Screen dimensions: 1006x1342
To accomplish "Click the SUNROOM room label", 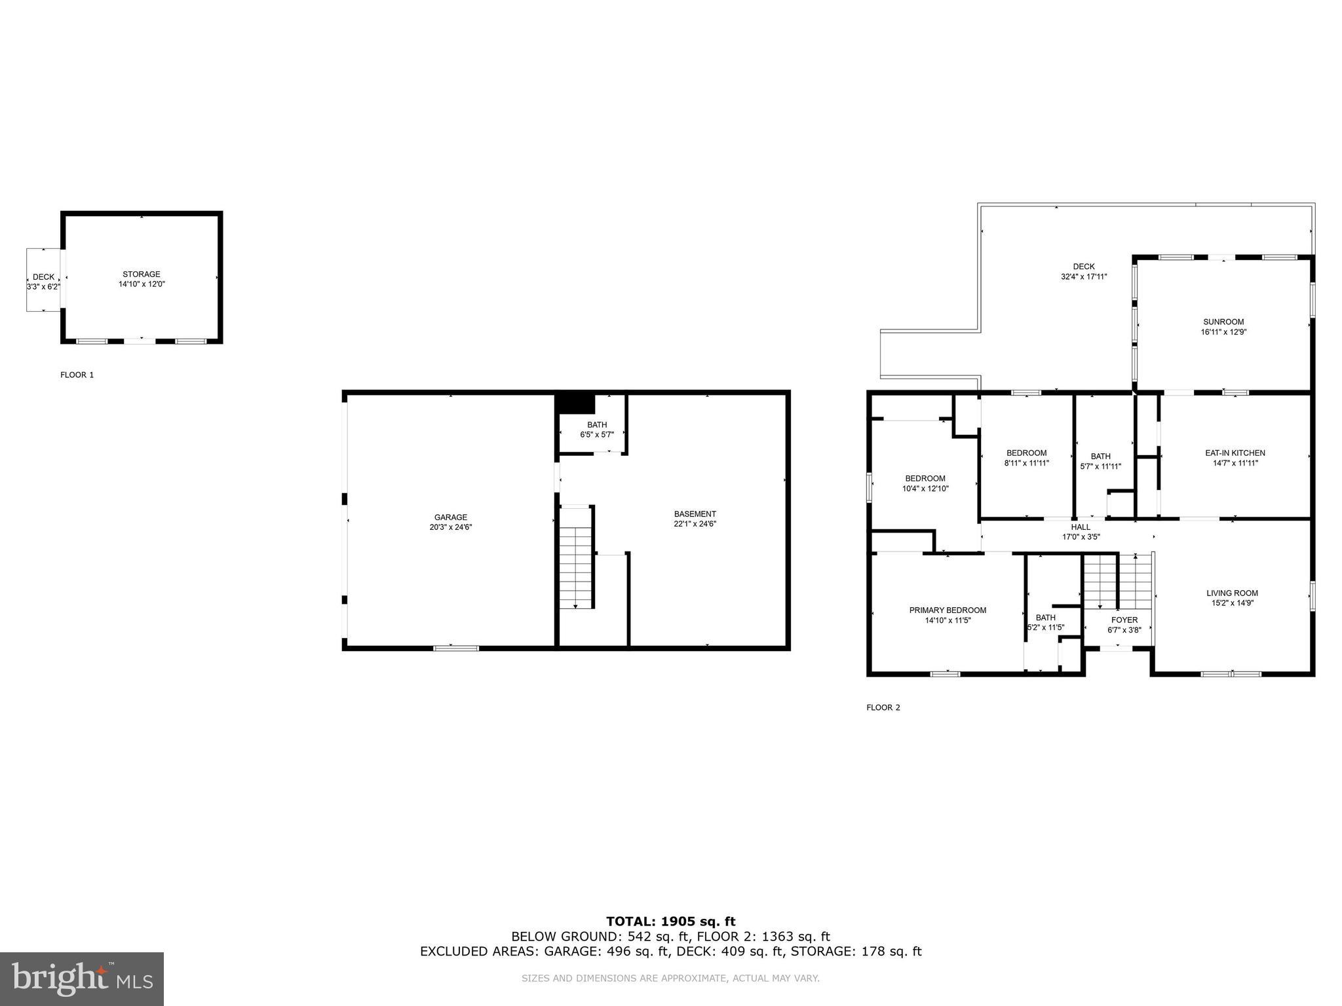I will [1223, 322].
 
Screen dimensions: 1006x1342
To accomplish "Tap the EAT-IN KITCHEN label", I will [1235, 453].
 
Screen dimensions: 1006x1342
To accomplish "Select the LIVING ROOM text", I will [1232, 593].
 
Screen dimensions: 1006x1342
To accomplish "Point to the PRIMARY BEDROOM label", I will [947, 610].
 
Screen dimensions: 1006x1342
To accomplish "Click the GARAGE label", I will [450, 517].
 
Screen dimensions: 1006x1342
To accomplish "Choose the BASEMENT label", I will [695, 513].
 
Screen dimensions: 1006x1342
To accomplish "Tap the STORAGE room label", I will [141, 274].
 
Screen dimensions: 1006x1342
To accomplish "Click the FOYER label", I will [1124, 620].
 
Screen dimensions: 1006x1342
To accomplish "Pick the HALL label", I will [1081, 527].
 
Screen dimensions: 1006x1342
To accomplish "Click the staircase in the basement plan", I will [575, 567].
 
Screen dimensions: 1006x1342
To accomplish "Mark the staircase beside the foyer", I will [1117, 581].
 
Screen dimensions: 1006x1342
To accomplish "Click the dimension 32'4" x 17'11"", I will [1083, 276].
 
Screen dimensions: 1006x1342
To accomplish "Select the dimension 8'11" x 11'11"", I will [1026, 462].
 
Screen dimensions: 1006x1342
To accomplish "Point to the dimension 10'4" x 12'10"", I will [925, 488].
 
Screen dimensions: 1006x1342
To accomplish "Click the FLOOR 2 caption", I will [883, 707].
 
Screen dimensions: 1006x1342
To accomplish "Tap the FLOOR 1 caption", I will [77, 375].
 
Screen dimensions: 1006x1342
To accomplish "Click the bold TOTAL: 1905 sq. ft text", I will [670, 922].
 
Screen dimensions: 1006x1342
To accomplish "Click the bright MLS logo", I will [81, 978].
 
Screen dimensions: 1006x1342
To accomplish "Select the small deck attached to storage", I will [43, 280].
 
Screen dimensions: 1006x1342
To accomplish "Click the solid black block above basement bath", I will [575, 403].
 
